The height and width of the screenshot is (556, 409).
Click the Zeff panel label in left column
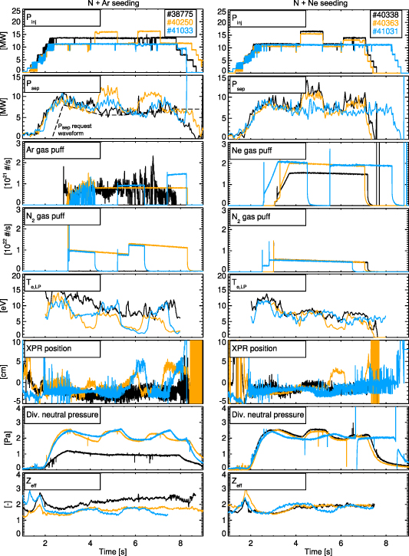point(33,483)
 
